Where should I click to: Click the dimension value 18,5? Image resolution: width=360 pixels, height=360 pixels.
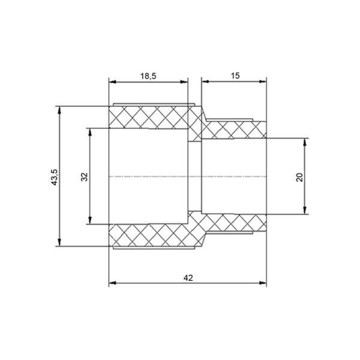[x=148, y=76]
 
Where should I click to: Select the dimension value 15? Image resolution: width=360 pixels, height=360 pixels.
[x=235, y=76]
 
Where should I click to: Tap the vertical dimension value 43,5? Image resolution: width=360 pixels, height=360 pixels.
[x=55, y=177]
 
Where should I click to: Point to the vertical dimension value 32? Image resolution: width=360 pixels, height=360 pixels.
[x=85, y=177]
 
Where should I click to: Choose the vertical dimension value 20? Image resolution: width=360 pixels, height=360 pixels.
[x=299, y=177]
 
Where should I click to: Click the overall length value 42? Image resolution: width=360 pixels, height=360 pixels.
[x=188, y=278]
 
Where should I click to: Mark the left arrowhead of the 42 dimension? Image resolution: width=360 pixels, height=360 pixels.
[x=113, y=283]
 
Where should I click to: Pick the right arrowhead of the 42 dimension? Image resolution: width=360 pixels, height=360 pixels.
[x=263, y=283]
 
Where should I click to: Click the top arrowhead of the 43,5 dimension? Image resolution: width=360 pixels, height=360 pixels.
[x=59, y=110]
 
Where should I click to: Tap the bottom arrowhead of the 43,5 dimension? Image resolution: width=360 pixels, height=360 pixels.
[x=59, y=242]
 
